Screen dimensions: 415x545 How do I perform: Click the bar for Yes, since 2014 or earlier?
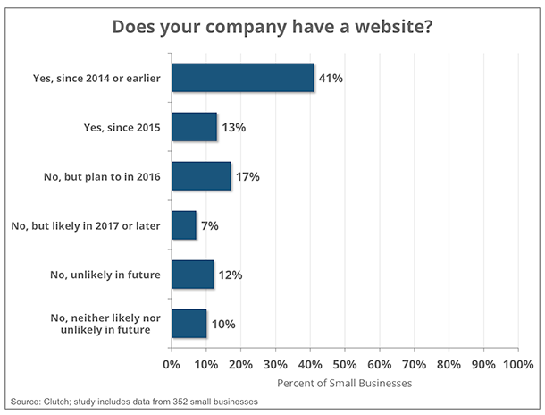242,78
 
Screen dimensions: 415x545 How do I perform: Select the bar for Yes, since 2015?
194,127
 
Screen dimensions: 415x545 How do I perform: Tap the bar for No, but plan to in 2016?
201,176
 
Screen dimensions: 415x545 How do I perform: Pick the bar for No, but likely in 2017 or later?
183,225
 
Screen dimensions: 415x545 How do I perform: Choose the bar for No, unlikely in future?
192,275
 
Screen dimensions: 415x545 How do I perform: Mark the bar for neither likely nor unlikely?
189,324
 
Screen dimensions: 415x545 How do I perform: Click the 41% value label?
331,79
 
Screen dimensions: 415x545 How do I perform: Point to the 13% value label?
233,128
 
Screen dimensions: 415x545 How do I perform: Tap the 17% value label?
247,177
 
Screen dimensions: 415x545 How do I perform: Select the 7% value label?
209,226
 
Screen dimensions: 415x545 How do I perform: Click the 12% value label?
231,275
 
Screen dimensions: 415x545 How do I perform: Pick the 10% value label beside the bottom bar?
223,325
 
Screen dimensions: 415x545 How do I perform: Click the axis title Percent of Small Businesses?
344,384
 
